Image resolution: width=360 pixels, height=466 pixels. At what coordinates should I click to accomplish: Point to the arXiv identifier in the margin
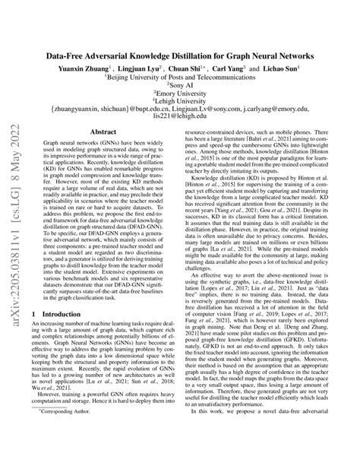coord(14,228)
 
